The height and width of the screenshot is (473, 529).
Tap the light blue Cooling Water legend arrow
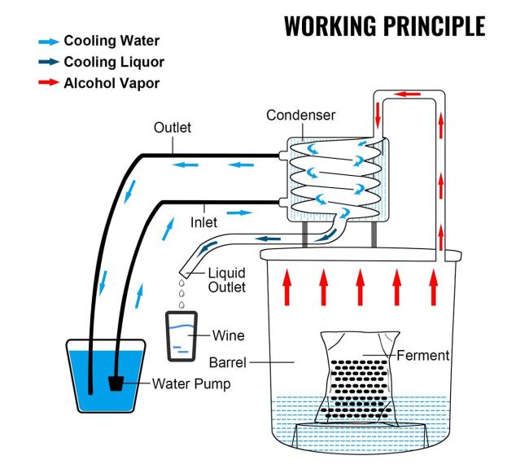(x=48, y=41)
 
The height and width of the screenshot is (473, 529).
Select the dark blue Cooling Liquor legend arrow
(x=48, y=61)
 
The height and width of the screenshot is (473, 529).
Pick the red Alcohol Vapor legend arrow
(x=48, y=82)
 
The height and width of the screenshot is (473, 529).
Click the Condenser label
(x=300, y=116)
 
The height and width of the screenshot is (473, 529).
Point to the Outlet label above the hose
(x=172, y=128)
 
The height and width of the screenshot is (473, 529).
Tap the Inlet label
(x=204, y=220)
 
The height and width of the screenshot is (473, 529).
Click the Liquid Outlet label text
(x=227, y=279)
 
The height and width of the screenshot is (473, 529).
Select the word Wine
(x=228, y=335)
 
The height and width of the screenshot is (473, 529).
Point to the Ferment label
(x=422, y=356)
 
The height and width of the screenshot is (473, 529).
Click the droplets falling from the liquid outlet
(x=181, y=291)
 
